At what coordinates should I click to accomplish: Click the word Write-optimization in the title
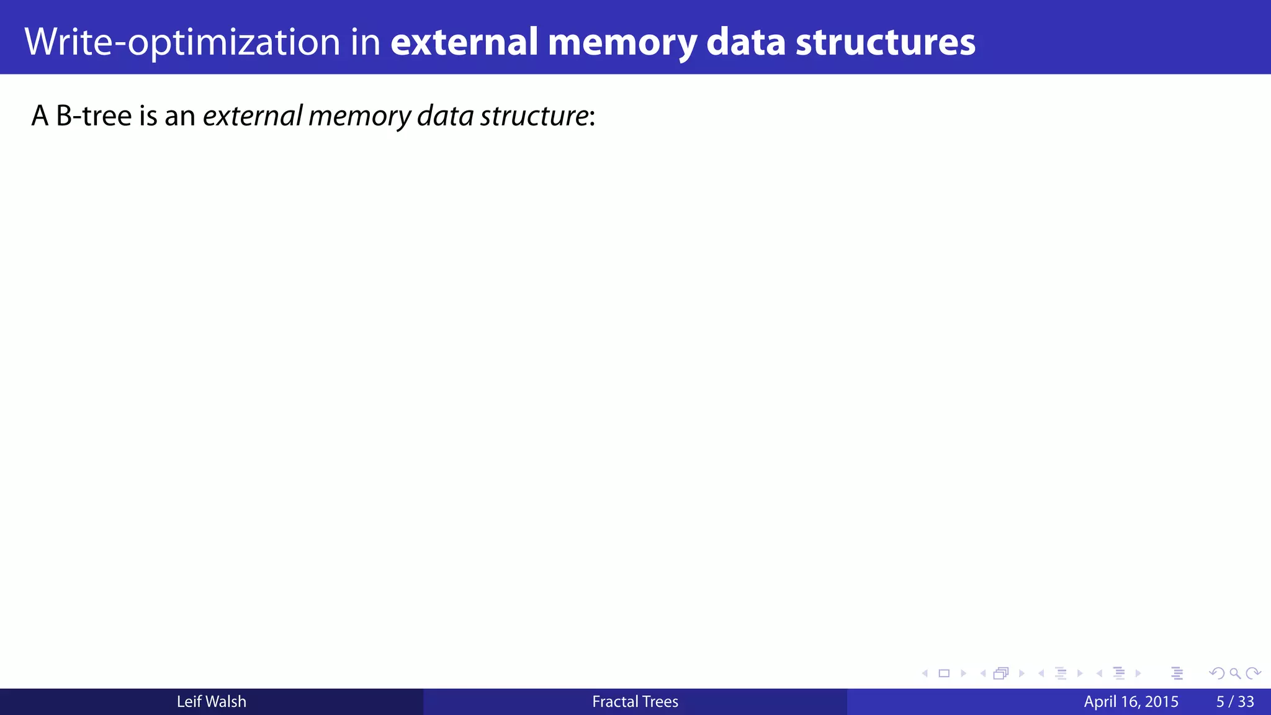182,42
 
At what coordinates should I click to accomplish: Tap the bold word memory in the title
622,42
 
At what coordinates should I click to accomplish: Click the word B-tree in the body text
94,115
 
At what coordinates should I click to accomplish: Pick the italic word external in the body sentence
253,115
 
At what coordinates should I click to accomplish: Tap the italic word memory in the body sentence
359,115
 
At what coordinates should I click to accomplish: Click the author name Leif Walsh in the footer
211,701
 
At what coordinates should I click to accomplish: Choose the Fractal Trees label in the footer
635,701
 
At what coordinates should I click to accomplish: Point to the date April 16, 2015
1131,701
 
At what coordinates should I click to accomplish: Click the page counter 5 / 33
1235,701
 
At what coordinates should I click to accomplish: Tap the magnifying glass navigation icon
1235,673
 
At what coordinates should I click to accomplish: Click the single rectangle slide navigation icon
944,673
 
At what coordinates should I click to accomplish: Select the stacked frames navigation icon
1001,673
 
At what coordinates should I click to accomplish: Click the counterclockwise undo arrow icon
1217,673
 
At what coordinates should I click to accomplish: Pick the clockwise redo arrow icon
1253,673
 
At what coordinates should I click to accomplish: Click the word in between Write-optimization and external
365,42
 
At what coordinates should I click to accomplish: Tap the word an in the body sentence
180,115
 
